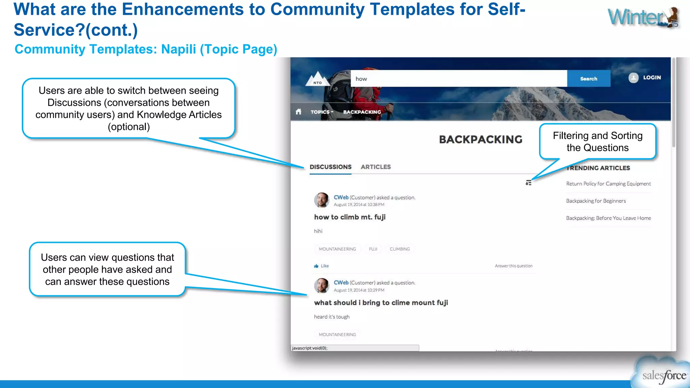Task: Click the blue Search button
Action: pyautogui.click(x=589, y=78)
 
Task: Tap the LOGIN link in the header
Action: pyautogui.click(x=652, y=77)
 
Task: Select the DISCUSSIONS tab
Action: pyautogui.click(x=330, y=167)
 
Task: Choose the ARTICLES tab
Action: pyautogui.click(x=376, y=167)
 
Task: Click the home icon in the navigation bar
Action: pyautogui.click(x=298, y=111)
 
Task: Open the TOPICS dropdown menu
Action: pyautogui.click(x=321, y=112)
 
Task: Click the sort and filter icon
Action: pyautogui.click(x=528, y=183)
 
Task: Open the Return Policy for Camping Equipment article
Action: pyautogui.click(x=608, y=184)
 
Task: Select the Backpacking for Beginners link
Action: pyautogui.click(x=596, y=201)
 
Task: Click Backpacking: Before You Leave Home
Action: pyautogui.click(x=608, y=218)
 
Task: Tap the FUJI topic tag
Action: pyautogui.click(x=373, y=249)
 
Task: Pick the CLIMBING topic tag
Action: pyautogui.click(x=400, y=249)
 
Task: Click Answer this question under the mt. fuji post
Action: pyautogui.click(x=513, y=266)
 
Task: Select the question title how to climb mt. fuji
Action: pyautogui.click(x=349, y=217)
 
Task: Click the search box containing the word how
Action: pyautogui.click(x=458, y=78)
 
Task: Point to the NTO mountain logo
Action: pyautogui.click(x=317, y=79)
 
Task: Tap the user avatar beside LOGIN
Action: pyautogui.click(x=633, y=78)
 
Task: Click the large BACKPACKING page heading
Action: pyautogui.click(x=480, y=139)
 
